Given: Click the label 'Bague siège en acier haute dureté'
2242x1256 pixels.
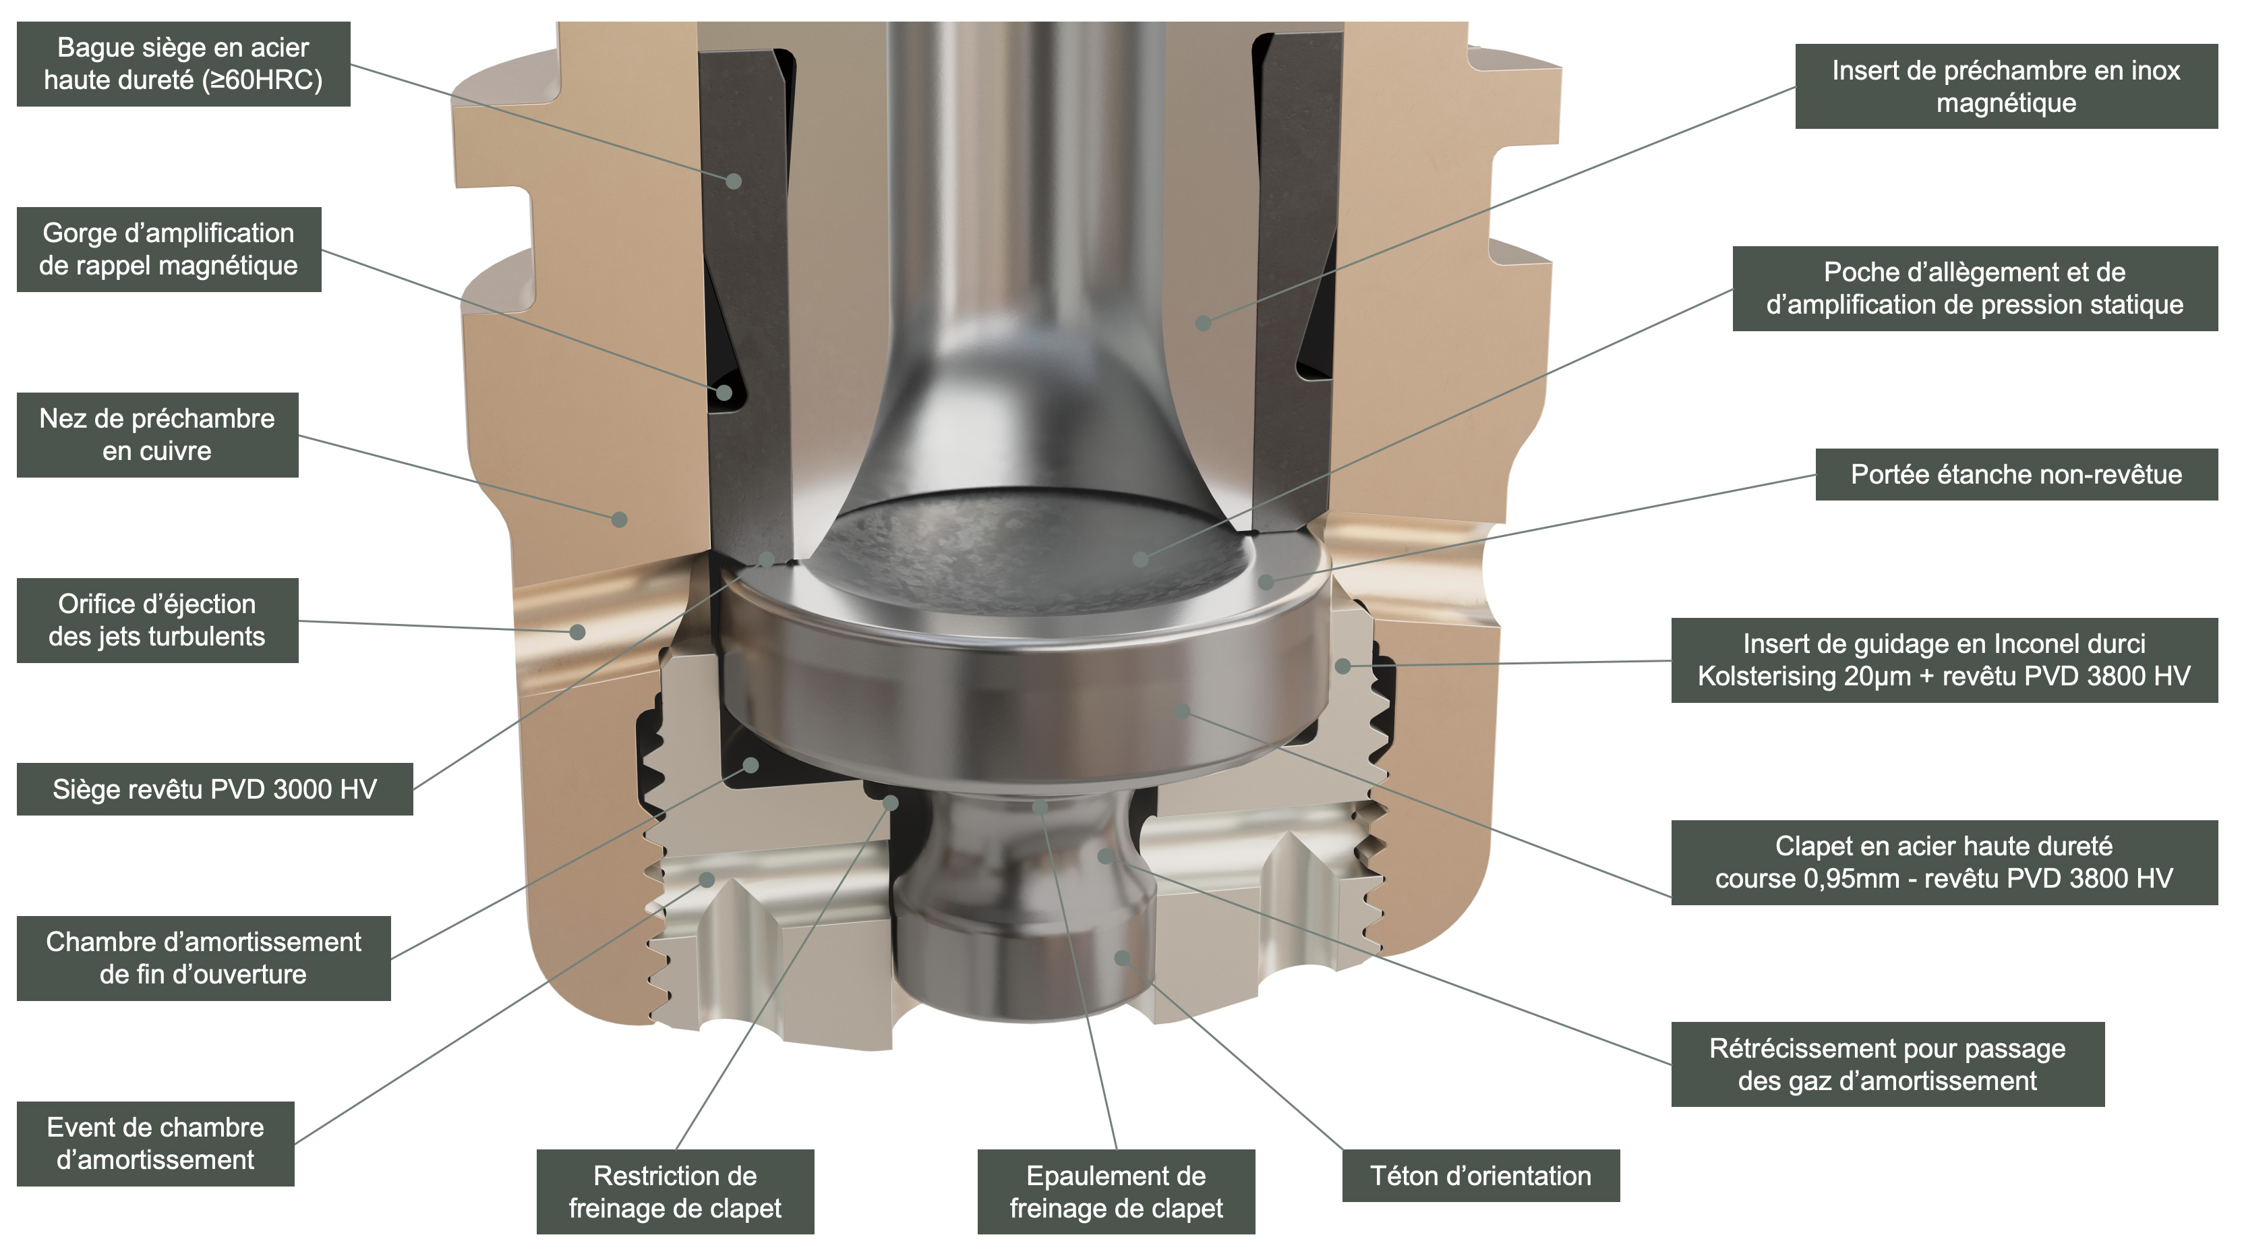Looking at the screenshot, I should [x=183, y=63].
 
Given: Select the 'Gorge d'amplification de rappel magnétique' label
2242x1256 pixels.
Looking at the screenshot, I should [x=168, y=249].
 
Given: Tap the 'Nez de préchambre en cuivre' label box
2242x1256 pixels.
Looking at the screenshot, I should [x=156, y=434].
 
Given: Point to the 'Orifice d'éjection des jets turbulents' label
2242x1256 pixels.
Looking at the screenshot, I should [x=156, y=620].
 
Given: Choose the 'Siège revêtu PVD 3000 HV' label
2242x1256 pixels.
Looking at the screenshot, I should [x=214, y=789].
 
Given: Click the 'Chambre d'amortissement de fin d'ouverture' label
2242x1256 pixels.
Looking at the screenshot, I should [x=203, y=957].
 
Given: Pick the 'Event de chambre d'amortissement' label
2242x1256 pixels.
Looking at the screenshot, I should [x=155, y=1143].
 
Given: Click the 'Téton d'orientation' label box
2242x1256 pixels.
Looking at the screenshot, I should [x=1479, y=1175].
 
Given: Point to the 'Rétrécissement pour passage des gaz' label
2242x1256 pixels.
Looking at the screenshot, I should [x=1887, y=1064].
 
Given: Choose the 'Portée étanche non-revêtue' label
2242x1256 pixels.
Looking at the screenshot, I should [x=2015, y=474].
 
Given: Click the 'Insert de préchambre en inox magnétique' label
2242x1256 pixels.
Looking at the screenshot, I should [x=2005, y=86].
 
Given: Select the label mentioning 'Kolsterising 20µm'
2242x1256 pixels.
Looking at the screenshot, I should [x=1943, y=660].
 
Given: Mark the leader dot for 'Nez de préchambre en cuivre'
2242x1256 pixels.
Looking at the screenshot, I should [x=620, y=519].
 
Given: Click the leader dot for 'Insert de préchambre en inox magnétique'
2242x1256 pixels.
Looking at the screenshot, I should [x=1203, y=323].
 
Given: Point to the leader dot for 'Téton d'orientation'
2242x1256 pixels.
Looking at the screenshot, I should [x=1122, y=957].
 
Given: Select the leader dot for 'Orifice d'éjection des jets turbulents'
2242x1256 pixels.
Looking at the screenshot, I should [x=577, y=632].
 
